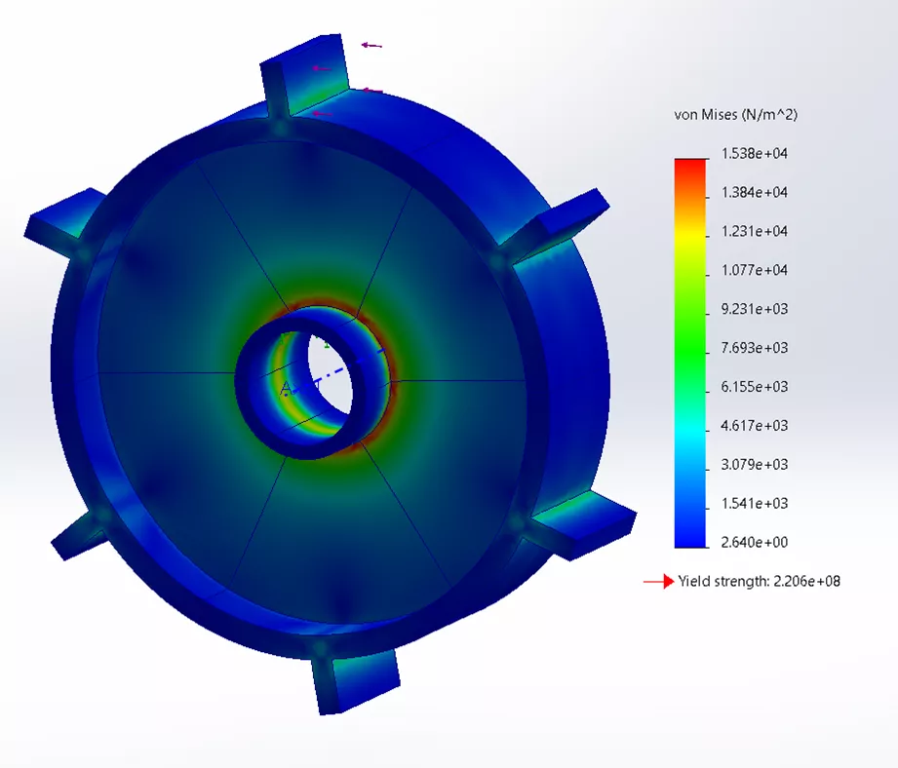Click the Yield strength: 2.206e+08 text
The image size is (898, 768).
[759, 582]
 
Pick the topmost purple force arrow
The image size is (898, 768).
[371, 45]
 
